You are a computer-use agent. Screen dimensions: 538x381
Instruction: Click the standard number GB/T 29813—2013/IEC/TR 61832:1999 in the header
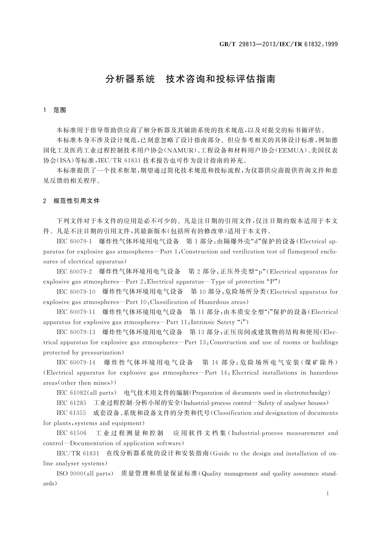click(278, 44)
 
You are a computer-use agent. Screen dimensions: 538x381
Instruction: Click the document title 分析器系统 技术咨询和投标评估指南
click(190, 79)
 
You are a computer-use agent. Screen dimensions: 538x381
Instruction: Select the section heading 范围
click(60, 110)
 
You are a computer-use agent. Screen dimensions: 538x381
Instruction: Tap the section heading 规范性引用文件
click(76, 201)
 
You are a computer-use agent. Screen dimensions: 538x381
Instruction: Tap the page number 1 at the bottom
click(328, 494)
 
